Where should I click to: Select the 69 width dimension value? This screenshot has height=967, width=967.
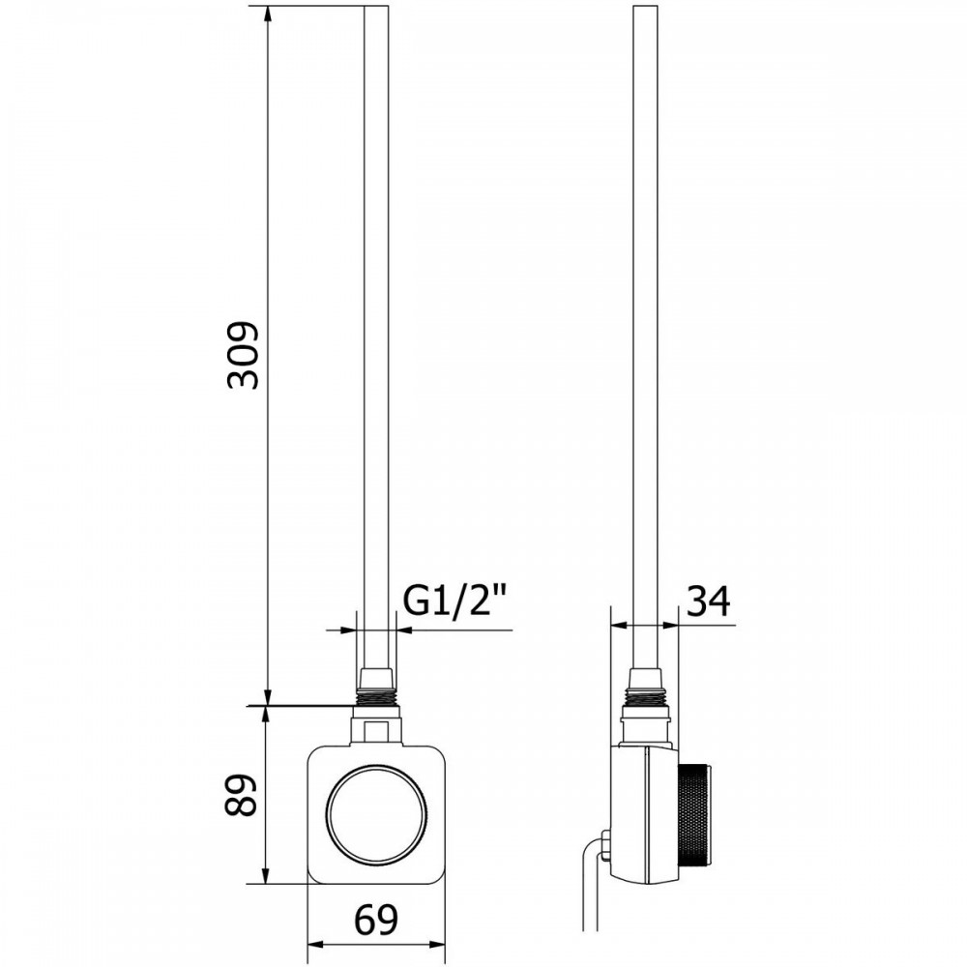coord(376,920)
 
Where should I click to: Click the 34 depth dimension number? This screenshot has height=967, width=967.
coord(708,601)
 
